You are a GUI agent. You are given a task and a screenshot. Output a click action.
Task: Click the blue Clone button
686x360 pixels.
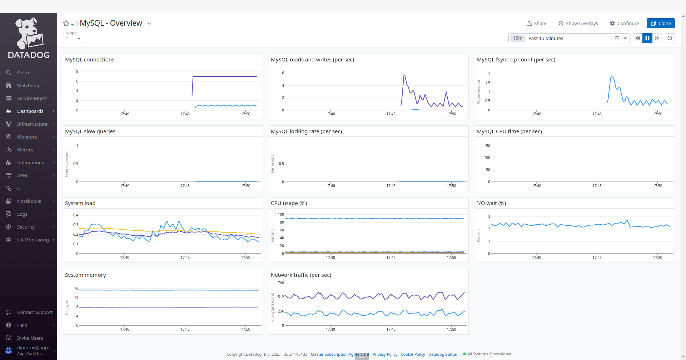click(660, 23)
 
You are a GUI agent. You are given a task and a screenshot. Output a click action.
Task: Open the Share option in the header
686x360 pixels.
click(536, 23)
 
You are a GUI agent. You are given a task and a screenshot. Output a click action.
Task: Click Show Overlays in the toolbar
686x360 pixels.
click(578, 23)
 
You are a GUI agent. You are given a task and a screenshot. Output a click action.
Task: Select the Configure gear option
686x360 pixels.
click(624, 23)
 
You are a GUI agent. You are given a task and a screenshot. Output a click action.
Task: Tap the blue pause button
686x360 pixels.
click(647, 38)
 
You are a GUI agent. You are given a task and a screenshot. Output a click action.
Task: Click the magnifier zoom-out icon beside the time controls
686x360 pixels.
click(670, 38)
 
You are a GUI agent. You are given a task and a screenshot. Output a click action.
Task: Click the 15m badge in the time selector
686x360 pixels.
click(517, 38)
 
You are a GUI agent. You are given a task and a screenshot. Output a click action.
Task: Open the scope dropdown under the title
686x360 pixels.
click(73, 38)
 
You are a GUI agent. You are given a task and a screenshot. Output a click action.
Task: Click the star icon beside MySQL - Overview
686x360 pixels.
click(66, 24)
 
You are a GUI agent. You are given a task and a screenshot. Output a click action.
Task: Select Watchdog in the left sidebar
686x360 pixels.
click(28, 85)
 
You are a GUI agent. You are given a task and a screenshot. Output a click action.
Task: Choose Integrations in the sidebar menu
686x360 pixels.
click(30, 162)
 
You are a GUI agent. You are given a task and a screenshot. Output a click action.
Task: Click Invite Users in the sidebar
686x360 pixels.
click(30, 338)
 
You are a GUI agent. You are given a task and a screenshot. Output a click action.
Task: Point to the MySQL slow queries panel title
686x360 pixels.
click(90, 131)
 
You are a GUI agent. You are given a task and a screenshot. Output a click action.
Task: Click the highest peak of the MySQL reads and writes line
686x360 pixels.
click(404, 76)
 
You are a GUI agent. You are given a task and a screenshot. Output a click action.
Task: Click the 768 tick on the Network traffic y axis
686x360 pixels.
click(281, 283)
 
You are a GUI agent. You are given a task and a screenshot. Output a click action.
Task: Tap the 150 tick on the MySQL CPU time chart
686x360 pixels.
click(487, 146)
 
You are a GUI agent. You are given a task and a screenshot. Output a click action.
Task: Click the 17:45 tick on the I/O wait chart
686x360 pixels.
click(597, 257)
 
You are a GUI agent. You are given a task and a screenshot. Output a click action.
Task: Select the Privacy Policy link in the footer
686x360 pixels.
click(385, 354)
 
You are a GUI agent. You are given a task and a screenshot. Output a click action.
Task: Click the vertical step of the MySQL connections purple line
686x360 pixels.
click(193, 86)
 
